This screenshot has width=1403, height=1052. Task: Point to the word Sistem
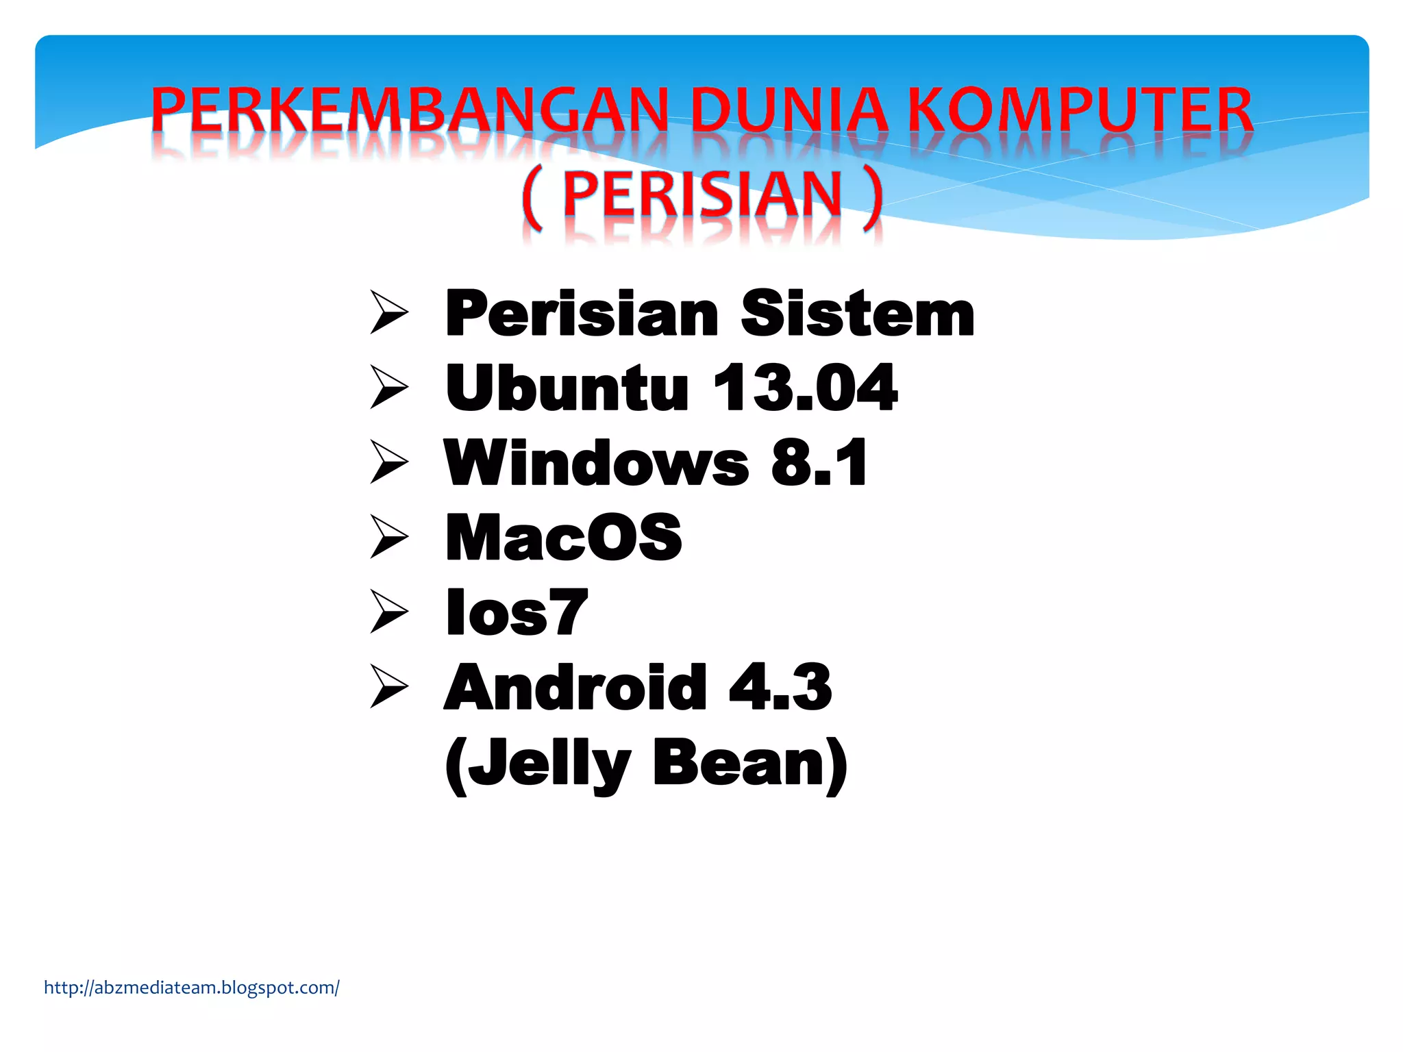tap(857, 314)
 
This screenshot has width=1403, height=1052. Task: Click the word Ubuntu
tap(567, 388)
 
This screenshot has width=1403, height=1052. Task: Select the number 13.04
tap(805, 388)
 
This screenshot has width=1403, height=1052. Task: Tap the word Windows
tap(597, 464)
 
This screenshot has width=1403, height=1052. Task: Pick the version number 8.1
tap(819, 464)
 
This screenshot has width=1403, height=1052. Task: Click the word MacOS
tap(564, 538)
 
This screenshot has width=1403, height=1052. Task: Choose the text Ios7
tap(517, 612)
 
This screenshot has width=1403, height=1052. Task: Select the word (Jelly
tap(537, 764)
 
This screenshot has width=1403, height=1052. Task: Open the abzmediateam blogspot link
tap(192, 988)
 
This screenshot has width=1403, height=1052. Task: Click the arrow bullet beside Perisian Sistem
tap(389, 312)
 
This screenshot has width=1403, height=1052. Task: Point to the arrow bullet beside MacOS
tap(389, 537)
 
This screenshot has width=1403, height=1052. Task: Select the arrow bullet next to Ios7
tap(389, 612)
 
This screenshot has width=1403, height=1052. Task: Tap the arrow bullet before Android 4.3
tap(389, 686)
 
